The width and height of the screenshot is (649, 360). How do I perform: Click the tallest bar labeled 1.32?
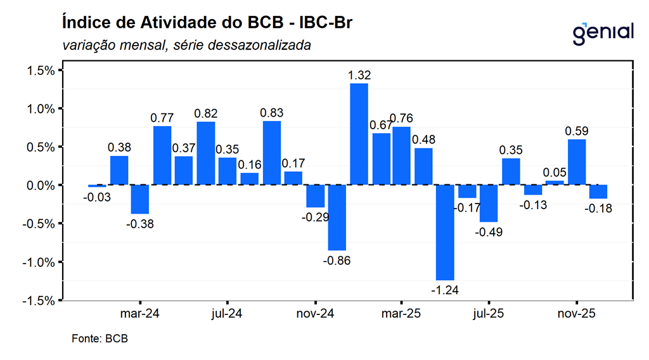click(x=359, y=134)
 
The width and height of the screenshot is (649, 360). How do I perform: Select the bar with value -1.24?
click(x=446, y=232)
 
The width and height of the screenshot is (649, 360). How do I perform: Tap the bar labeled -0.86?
click(x=337, y=217)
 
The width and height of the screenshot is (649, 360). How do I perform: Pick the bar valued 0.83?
click(x=271, y=153)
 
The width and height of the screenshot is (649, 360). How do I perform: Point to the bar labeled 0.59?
click(x=577, y=162)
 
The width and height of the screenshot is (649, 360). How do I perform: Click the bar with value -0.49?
click(x=489, y=203)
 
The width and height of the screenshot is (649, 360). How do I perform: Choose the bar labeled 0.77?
click(x=162, y=155)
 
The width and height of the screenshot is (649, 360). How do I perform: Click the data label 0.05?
click(x=555, y=173)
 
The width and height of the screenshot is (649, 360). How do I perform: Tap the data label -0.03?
click(x=96, y=197)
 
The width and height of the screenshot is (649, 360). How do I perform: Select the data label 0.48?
click(x=423, y=139)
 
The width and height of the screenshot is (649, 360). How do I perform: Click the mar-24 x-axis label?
click(x=139, y=313)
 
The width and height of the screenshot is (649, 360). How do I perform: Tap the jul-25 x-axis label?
click(x=489, y=313)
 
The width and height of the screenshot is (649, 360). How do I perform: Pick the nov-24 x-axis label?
click(x=315, y=313)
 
